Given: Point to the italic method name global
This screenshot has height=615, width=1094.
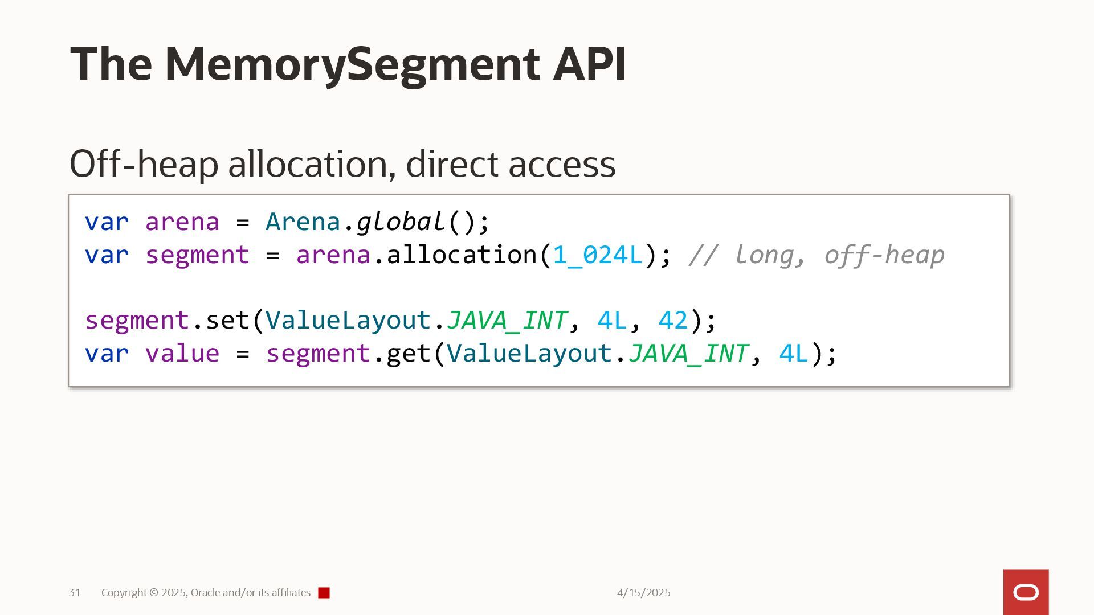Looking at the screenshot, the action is (401, 222).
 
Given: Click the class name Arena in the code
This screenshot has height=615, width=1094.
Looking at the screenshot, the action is (303, 222).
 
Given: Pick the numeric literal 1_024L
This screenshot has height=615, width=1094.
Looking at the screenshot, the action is (598, 255).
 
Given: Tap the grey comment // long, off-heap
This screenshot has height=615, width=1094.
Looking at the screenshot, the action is (817, 255).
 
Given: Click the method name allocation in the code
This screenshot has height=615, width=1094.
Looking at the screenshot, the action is (462, 255).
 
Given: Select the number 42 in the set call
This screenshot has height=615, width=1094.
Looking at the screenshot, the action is (673, 321).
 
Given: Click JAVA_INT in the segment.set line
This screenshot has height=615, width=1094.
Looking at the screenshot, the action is (507, 321).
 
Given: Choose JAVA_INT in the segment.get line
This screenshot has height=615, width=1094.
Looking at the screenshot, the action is (688, 354).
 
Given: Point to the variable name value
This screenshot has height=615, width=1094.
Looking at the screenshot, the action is (182, 354).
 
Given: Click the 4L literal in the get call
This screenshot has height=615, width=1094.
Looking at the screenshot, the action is (794, 354).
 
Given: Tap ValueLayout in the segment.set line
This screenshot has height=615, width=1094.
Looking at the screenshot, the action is (348, 321).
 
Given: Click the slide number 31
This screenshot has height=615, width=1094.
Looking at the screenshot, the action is (75, 593).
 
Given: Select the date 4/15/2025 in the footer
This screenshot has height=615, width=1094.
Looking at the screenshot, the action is (643, 593).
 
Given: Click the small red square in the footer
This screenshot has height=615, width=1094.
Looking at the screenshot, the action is (324, 593).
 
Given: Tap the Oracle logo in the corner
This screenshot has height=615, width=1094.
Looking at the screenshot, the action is (1026, 593).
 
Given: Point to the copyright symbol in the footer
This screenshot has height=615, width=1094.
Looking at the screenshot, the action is (154, 593).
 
